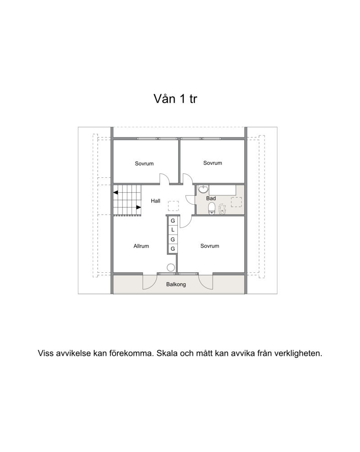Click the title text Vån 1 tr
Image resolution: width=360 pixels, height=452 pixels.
coord(175,99)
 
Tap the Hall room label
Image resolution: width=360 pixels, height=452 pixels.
coord(156,201)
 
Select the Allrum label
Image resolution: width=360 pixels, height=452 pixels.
coord(141,246)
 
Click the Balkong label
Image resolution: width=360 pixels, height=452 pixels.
coord(176,284)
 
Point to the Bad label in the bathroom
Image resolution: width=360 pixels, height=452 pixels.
coord(211,199)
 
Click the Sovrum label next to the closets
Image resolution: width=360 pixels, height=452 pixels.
coord(210,246)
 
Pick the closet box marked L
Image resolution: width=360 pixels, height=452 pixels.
coord(173,230)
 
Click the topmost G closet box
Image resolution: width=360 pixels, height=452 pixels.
coord(173,221)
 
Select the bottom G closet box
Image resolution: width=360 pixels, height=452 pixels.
coord(173,249)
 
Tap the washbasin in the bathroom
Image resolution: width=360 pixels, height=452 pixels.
coord(203,190)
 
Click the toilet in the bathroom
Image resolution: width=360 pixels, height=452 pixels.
coord(212,208)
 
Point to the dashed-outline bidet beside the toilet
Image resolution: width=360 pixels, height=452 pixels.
coord(222,209)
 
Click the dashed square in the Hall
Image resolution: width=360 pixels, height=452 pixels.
coord(173,206)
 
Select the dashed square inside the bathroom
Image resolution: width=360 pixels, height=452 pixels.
coord(236,202)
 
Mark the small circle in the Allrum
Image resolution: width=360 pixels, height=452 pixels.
coord(171,267)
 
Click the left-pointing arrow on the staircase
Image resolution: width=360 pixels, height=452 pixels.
coord(116,192)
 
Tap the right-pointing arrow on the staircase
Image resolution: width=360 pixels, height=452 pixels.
coord(139,207)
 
